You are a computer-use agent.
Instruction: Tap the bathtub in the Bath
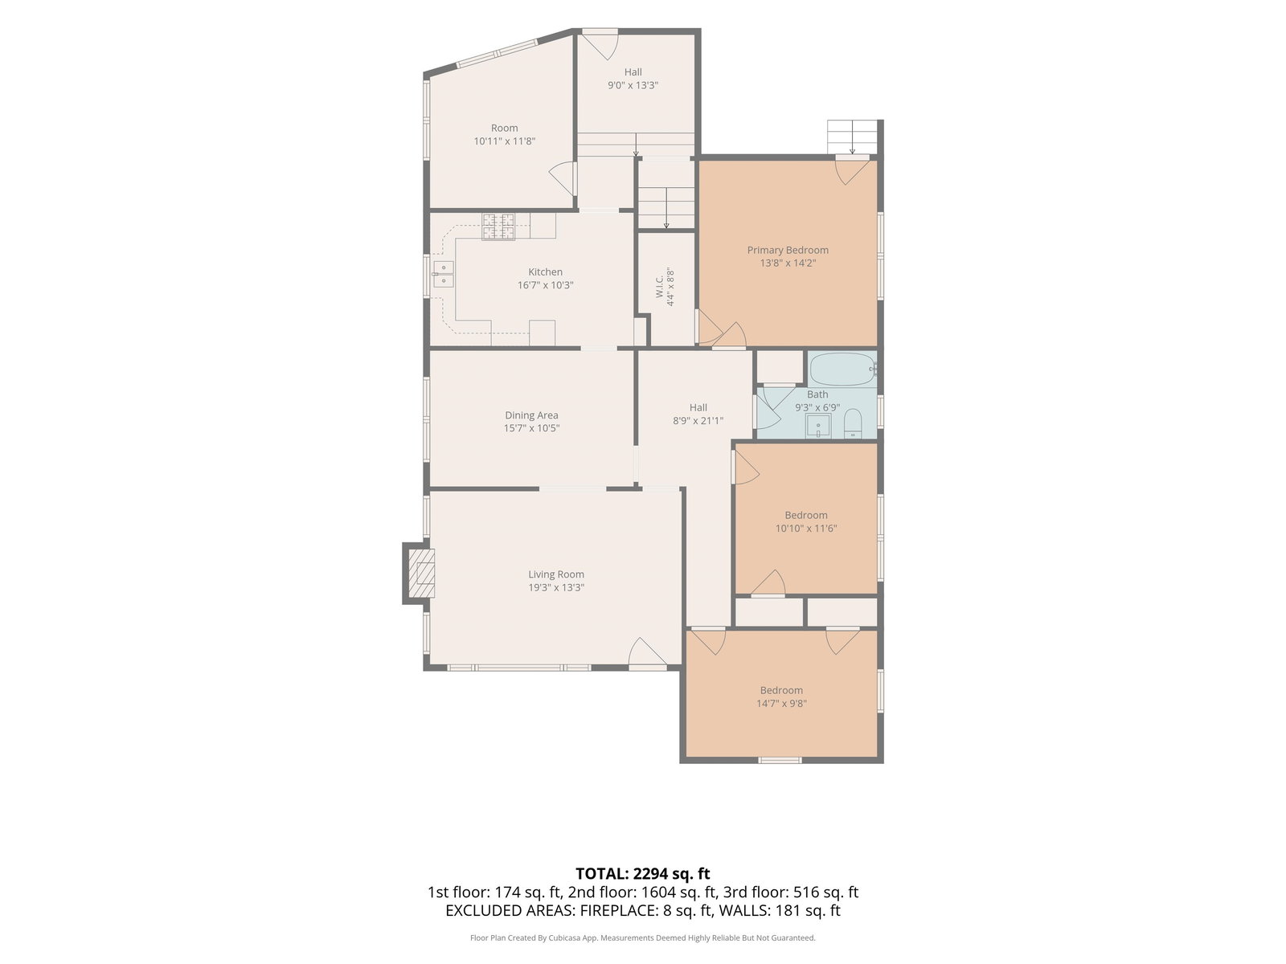tap(842, 369)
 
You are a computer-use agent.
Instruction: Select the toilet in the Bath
tap(853, 423)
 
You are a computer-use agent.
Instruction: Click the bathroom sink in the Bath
tap(818, 426)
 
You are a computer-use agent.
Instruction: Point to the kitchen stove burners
tap(498, 227)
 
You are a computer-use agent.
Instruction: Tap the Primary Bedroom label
tap(788, 250)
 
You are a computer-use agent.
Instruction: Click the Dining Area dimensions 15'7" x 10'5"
tap(531, 428)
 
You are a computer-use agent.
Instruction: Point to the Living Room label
tap(556, 574)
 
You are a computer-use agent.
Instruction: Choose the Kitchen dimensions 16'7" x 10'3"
tap(545, 285)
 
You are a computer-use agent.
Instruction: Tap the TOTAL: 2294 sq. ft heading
tap(643, 874)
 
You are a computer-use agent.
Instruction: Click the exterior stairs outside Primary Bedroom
tap(852, 137)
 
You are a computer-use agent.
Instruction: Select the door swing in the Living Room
tap(647, 652)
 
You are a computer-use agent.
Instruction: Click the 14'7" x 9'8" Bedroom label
tap(781, 696)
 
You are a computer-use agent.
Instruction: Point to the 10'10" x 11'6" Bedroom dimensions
tap(805, 528)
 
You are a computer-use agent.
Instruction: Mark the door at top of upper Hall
tap(600, 44)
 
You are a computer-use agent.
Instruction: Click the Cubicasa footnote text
tap(643, 937)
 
